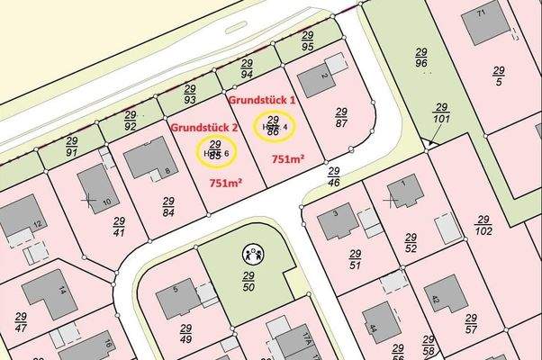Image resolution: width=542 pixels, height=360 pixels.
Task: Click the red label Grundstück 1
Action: pos(264,97)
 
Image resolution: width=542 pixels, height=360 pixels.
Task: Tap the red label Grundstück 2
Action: pos(203,128)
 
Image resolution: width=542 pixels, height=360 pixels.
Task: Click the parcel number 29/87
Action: pos(341,117)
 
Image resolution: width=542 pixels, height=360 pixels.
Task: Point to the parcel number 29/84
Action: pos(167,206)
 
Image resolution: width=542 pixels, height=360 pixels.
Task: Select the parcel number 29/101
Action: pos(441,112)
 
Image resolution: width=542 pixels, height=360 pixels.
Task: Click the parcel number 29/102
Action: pos(483,225)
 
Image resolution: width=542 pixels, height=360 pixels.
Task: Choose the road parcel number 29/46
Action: pos(333,176)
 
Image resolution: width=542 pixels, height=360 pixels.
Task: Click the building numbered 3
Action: pos(339,220)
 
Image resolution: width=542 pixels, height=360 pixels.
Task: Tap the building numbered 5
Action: pos(179,298)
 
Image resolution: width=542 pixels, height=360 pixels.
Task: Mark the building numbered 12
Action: pos(23,219)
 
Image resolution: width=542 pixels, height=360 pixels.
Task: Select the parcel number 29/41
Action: pos(119,225)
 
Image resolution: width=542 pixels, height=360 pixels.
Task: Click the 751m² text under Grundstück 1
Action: pos(288,159)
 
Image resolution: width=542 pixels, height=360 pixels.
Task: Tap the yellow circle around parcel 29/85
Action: pos(215,149)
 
